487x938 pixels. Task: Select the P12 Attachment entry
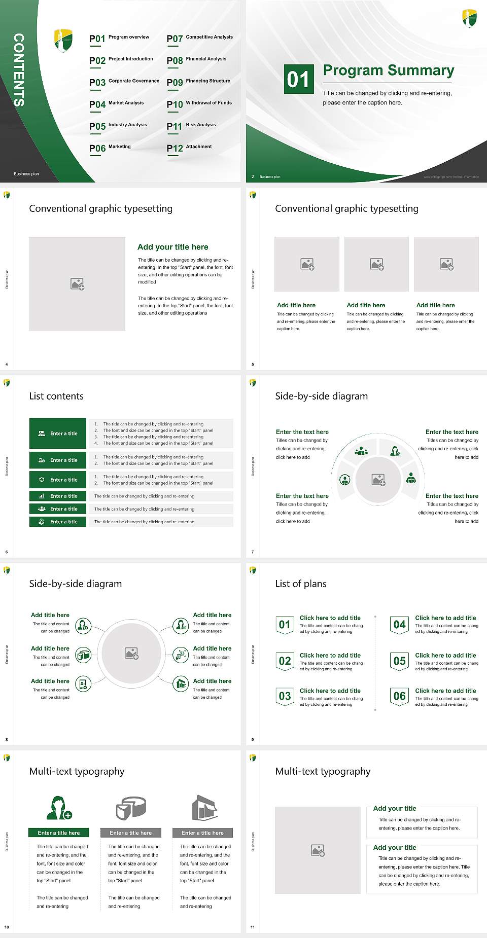point(189,148)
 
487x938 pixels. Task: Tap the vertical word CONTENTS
point(19,70)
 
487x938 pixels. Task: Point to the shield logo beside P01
point(63,40)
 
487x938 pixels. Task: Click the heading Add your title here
point(172,247)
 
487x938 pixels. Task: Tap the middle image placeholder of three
point(376,264)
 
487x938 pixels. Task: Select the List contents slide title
point(56,396)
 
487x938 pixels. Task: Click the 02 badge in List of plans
point(285,661)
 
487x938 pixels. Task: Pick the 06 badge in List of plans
point(400,696)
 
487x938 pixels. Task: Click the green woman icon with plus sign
point(59,808)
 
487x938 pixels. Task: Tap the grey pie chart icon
point(131,808)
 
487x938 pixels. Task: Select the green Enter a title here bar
point(59,833)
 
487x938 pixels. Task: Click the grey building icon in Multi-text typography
point(204,808)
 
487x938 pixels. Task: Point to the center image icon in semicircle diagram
point(378,480)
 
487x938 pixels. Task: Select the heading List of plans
point(301,584)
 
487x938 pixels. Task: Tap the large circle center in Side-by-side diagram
point(132,653)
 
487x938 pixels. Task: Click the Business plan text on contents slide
point(26,174)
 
